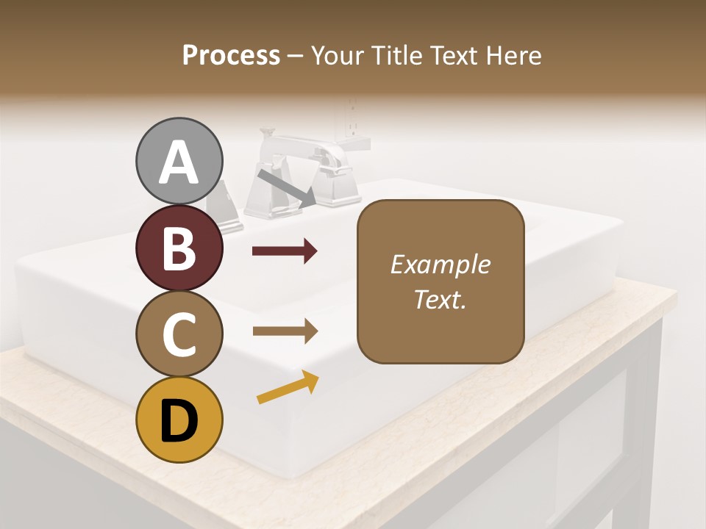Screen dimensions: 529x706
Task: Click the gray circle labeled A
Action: point(179,161)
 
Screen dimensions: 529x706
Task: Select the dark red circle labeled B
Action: point(179,248)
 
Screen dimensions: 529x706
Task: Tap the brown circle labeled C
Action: point(179,334)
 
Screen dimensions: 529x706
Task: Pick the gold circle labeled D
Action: point(179,420)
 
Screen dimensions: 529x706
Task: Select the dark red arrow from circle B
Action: point(285,251)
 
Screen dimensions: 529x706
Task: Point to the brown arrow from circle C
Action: point(285,331)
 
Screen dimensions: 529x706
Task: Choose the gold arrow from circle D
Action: point(288,387)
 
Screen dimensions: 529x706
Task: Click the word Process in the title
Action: point(231,55)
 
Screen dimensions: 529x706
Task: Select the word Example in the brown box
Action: point(440,264)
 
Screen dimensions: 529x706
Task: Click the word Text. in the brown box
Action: point(440,299)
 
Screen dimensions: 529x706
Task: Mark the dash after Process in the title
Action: point(296,56)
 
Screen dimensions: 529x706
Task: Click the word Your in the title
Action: point(335,55)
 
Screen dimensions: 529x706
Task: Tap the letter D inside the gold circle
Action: point(179,420)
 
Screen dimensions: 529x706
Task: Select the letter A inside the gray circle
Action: point(179,162)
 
